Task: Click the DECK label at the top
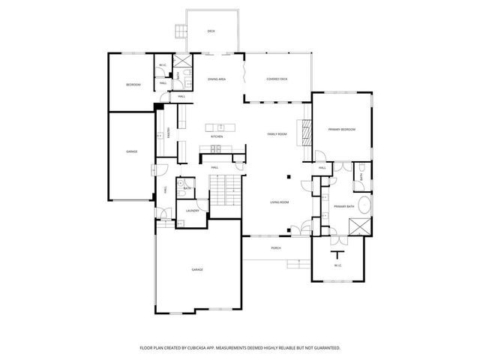pyautogui.click(x=211, y=31)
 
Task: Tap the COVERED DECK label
pyautogui.click(x=277, y=79)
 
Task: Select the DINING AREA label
pyautogui.click(x=217, y=79)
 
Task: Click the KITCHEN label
pyautogui.click(x=217, y=136)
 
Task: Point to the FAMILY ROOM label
pyautogui.click(x=277, y=133)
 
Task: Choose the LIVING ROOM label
pyautogui.click(x=280, y=202)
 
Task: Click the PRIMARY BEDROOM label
pyautogui.click(x=341, y=130)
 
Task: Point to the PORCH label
pyautogui.click(x=276, y=248)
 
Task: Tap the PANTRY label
pyautogui.click(x=169, y=132)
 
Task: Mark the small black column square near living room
pyautogui.click(x=289, y=177)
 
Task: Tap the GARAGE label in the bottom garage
pyautogui.click(x=197, y=269)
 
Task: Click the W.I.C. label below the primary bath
pyautogui.click(x=337, y=264)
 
